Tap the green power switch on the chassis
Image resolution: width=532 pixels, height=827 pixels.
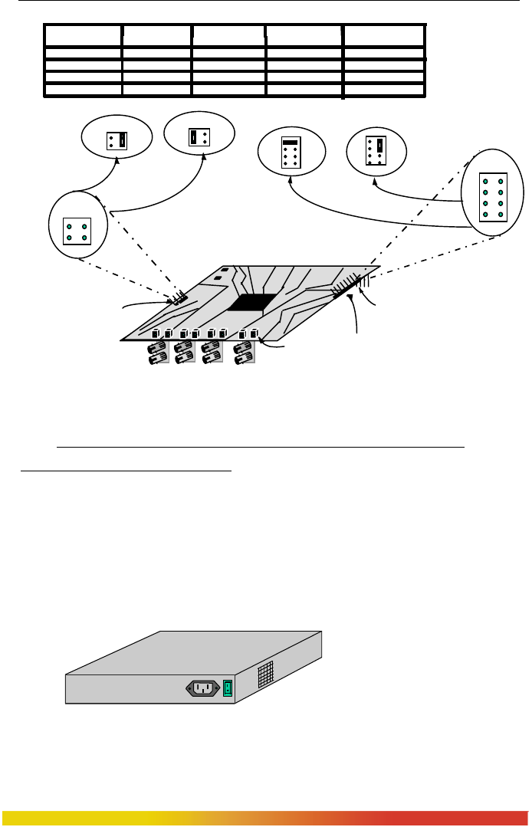[227, 688]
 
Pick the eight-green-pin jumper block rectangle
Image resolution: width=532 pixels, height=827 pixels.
[493, 197]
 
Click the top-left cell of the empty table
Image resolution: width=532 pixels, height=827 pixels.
[83, 35]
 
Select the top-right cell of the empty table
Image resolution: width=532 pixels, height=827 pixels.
[384, 35]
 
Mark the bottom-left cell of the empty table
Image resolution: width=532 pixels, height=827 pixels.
[83, 90]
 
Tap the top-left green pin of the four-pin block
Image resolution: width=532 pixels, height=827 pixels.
[69, 227]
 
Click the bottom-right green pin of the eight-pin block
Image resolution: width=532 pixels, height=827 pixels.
[501, 214]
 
